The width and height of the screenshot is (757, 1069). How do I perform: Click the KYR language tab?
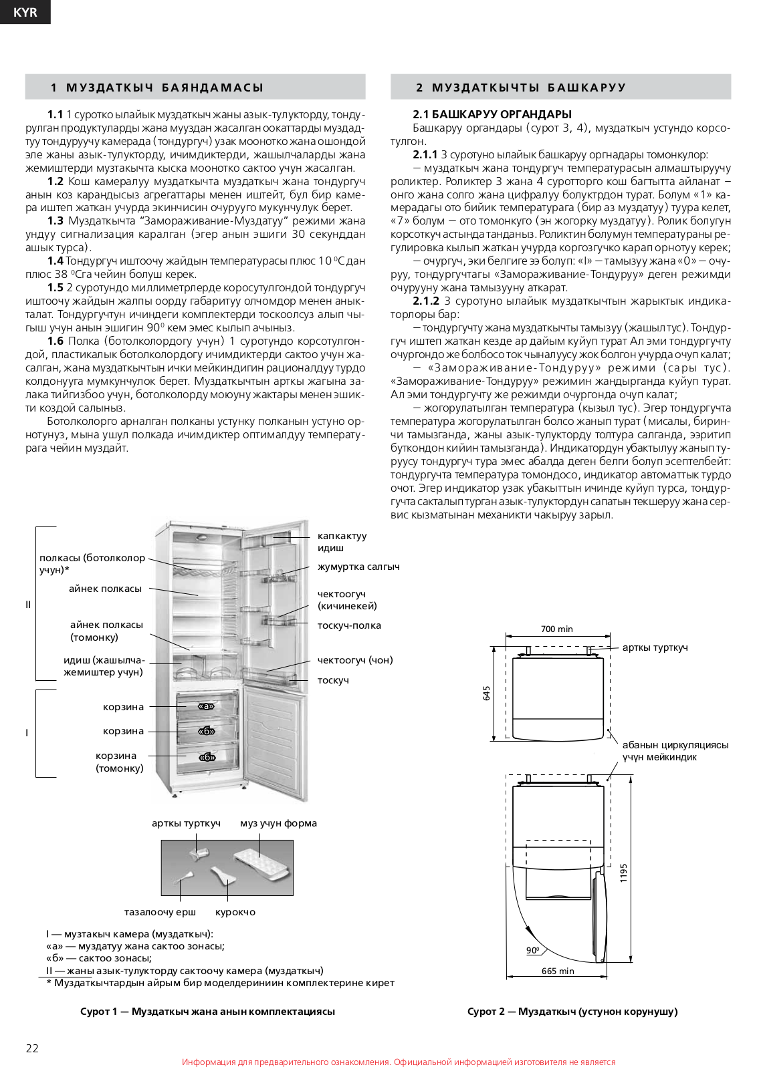[x=25, y=12]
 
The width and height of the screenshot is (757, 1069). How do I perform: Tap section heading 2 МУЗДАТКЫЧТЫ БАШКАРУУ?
[x=521, y=88]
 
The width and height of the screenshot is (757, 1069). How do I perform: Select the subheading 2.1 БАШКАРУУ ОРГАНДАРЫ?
[x=492, y=114]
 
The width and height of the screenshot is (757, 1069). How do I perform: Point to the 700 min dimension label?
[x=556, y=629]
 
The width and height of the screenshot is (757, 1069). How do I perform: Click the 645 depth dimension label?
[x=486, y=694]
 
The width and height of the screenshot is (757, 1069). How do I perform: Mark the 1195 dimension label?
[x=623, y=873]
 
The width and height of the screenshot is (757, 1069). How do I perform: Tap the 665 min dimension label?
[x=558, y=971]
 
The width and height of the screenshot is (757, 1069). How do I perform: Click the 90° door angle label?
[x=533, y=950]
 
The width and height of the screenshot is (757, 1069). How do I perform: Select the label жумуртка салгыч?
[x=358, y=567]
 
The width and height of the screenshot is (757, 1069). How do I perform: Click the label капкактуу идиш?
[x=342, y=542]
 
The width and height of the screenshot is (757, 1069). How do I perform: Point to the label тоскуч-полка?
[x=349, y=625]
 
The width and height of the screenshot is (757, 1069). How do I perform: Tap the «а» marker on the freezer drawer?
[x=206, y=706]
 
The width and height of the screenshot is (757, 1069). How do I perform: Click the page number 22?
[x=32, y=1048]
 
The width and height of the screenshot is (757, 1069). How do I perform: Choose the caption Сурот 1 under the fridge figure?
[x=207, y=1012]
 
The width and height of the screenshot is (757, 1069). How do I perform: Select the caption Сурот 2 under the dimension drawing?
[x=572, y=1012]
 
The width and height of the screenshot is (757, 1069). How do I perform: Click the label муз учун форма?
[x=278, y=823]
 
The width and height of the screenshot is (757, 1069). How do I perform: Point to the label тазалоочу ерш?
[x=160, y=912]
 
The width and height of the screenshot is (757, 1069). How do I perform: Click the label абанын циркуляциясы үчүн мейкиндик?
[x=675, y=751]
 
